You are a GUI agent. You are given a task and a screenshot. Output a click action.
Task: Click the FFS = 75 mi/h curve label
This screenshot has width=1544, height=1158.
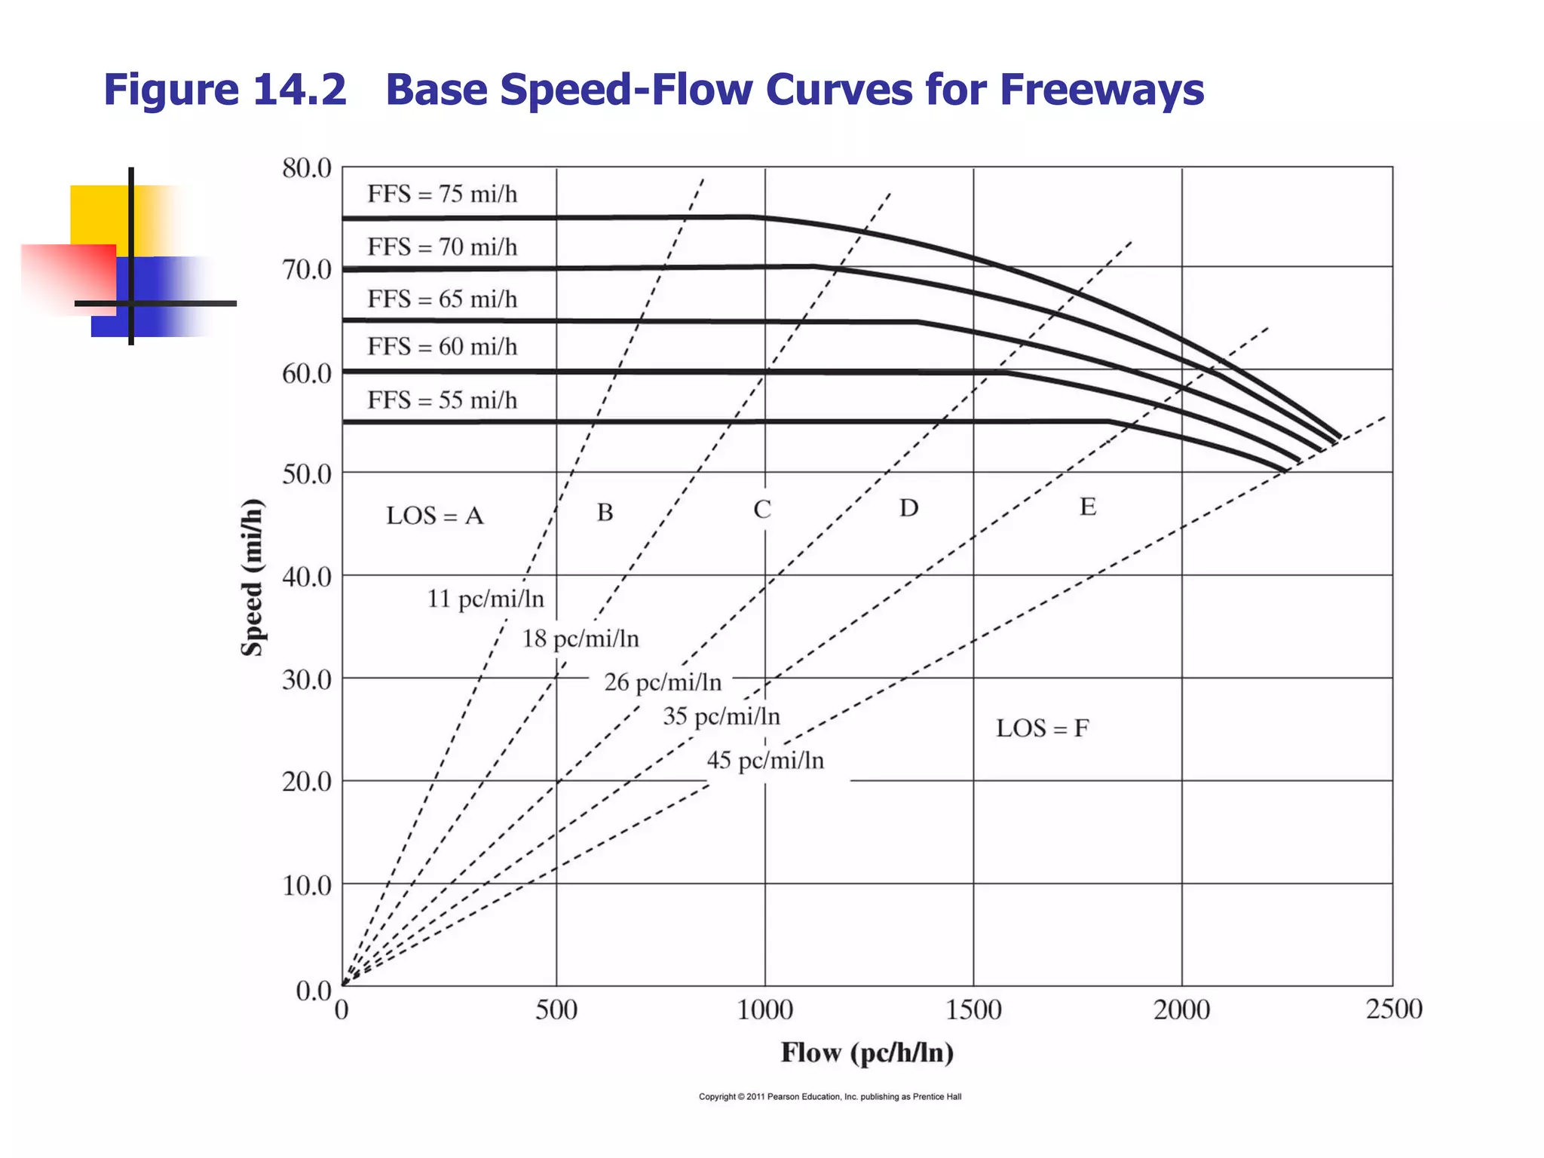pos(442,195)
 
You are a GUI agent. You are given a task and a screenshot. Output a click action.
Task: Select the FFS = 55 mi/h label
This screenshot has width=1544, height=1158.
pos(442,400)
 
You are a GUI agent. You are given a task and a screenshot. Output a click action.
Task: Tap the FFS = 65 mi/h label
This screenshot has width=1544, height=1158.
pos(442,299)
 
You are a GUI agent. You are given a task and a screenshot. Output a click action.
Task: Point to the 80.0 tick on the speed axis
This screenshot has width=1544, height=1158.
pos(307,168)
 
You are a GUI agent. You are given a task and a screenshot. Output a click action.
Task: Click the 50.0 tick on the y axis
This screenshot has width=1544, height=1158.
pos(307,474)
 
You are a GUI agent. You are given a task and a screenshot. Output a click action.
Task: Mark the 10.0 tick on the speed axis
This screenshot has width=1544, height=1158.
pos(307,885)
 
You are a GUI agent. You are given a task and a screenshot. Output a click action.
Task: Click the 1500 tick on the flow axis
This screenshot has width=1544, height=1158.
pos(973,1009)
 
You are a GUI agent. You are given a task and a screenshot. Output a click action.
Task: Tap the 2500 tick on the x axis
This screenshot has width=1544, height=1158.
pos(1393,1009)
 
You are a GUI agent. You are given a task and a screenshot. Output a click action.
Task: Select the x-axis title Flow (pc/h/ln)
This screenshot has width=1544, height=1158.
pos(867,1052)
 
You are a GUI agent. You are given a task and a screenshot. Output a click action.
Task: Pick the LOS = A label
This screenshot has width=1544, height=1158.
pos(435,516)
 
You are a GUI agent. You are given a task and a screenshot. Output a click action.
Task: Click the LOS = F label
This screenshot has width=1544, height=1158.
pos(1042,728)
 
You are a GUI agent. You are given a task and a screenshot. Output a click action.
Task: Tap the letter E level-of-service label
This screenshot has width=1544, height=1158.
pos(1087,507)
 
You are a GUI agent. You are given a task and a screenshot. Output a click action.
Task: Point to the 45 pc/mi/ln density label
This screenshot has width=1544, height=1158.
pos(765,760)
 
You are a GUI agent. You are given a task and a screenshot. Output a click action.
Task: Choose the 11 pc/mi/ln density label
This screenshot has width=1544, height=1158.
pos(486,599)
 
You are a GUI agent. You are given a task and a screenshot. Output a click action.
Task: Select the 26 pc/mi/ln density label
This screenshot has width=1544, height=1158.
pos(663,682)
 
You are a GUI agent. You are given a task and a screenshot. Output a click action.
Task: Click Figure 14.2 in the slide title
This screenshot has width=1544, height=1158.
pos(225,90)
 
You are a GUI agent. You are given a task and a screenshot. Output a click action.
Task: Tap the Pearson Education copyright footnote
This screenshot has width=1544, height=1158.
pos(829,1096)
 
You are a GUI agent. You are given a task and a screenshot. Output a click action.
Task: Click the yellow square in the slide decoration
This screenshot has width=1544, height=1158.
pos(98,215)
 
